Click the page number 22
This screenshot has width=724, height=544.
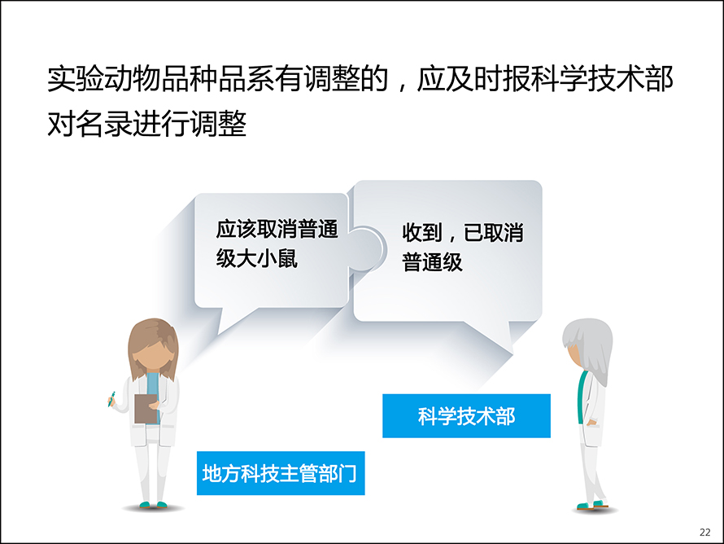[705, 532]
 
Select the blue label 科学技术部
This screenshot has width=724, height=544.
[466, 416]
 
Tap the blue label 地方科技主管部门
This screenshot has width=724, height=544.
[281, 473]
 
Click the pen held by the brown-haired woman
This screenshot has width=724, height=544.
[111, 399]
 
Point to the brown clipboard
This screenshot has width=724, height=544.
[146, 409]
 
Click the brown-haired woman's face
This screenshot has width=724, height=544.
[153, 354]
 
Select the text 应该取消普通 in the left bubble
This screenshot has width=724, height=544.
[277, 230]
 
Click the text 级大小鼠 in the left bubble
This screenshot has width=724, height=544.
[257, 258]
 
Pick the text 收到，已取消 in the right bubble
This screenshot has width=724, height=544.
[463, 232]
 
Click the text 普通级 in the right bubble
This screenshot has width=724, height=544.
[432, 262]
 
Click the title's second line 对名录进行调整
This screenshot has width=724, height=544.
[146, 124]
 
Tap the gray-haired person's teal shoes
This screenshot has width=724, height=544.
[593, 504]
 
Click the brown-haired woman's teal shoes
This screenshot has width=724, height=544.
[153, 505]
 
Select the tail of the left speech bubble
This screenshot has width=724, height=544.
[231, 320]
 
